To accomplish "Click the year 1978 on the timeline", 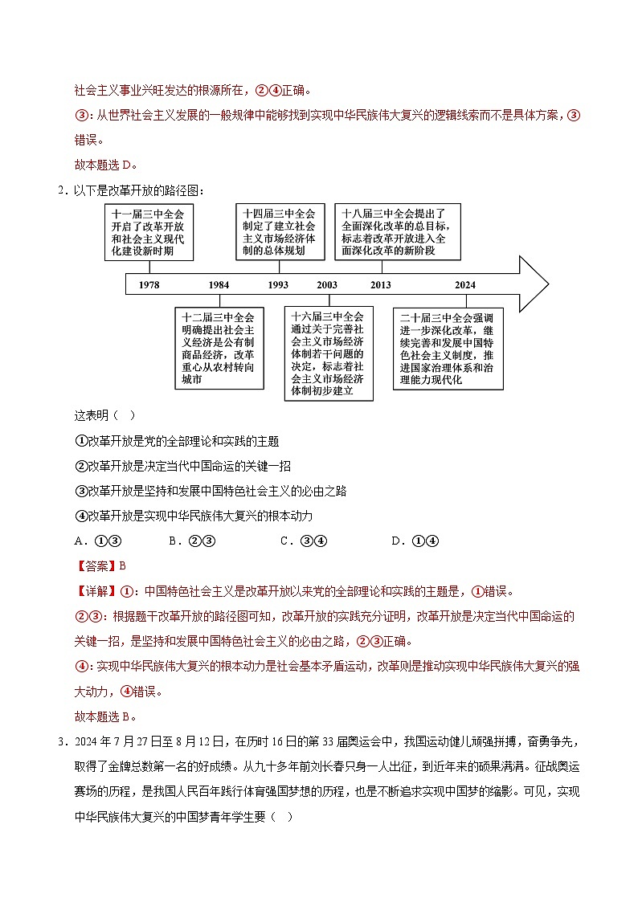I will point(149,285).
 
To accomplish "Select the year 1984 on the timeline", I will point(219,285).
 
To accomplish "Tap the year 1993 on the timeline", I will point(278,285).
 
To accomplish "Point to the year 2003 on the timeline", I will point(327,285).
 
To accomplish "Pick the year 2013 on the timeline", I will point(381,285).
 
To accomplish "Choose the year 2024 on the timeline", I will point(464,285).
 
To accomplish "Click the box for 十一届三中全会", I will point(149,232).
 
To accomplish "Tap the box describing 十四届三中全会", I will point(279,232).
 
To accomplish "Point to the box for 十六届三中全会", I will point(329,353).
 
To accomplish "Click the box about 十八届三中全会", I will point(398,232).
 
